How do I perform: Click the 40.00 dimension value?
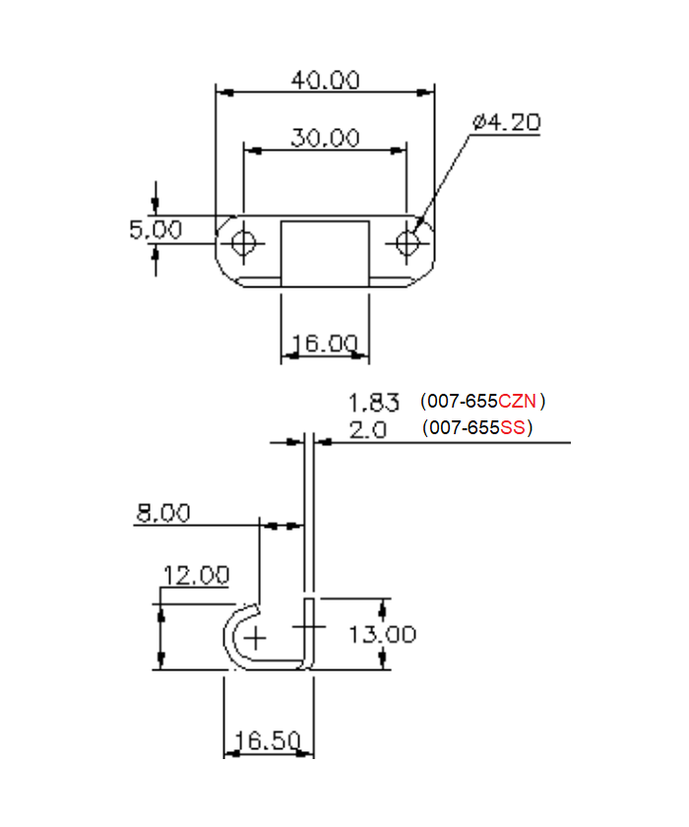point(325,80)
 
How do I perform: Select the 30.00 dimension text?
point(325,138)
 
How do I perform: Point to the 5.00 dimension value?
point(156,229)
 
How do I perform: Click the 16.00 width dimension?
point(324,344)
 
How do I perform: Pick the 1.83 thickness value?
point(374,403)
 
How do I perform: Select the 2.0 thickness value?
point(368,429)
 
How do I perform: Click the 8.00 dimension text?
point(163,513)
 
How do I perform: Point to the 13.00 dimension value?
point(382,634)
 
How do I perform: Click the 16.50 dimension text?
point(268,741)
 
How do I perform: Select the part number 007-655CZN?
point(482,402)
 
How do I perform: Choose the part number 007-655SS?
point(476,429)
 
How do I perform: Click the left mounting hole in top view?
point(246,242)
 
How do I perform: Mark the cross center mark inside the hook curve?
point(256,637)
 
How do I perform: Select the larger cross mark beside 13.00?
point(308,626)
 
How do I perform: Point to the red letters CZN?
point(518,402)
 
